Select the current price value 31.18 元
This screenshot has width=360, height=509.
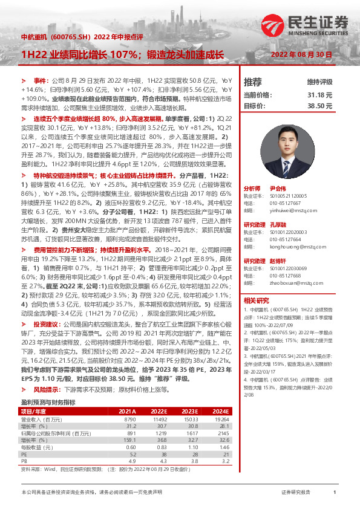click(320, 95)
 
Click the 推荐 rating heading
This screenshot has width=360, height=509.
click(252, 82)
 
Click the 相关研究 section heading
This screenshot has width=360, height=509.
click(257, 300)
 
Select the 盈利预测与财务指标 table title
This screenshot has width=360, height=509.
click(48, 401)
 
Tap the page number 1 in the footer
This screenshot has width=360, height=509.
click(334, 493)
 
